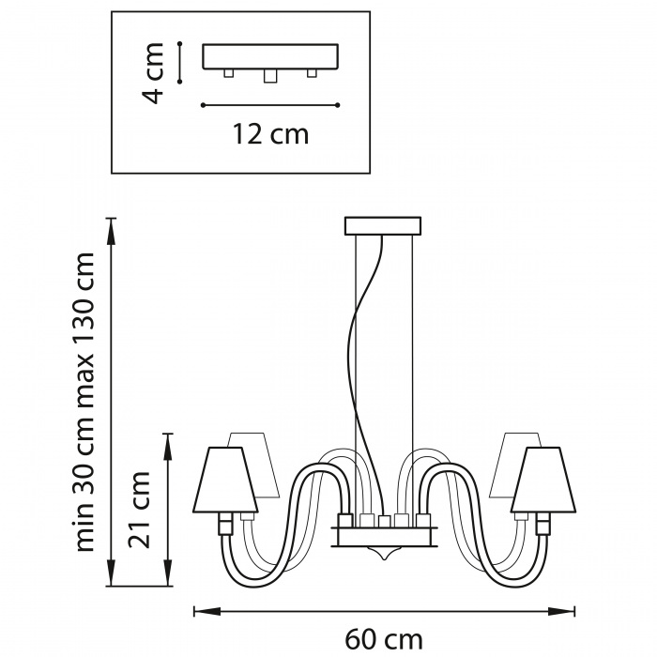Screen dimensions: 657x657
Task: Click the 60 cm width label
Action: click(x=383, y=640)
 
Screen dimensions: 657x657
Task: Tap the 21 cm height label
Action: click(x=139, y=510)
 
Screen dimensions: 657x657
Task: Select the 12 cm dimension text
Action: click(x=270, y=133)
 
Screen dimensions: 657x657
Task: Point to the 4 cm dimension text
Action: click(x=152, y=72)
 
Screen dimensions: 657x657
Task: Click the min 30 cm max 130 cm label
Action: click(x=85, y=402)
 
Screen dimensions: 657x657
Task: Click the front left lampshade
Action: click(x=225, y=481)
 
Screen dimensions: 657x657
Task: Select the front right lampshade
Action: click(x=543, y=481)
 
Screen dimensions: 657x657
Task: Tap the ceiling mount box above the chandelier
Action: click(x=383, y=226)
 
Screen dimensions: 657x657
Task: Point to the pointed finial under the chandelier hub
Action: click(x=383, y=554)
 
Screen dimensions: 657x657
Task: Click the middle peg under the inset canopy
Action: click(x=270, y=76)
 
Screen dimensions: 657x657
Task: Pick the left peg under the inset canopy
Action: click(x=228, y=73)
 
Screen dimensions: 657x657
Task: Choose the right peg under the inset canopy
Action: click(x=312, y=73)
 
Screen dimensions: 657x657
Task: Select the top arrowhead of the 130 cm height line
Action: click(x=111, y=231)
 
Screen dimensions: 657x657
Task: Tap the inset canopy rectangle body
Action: click(x=270, y=56)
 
